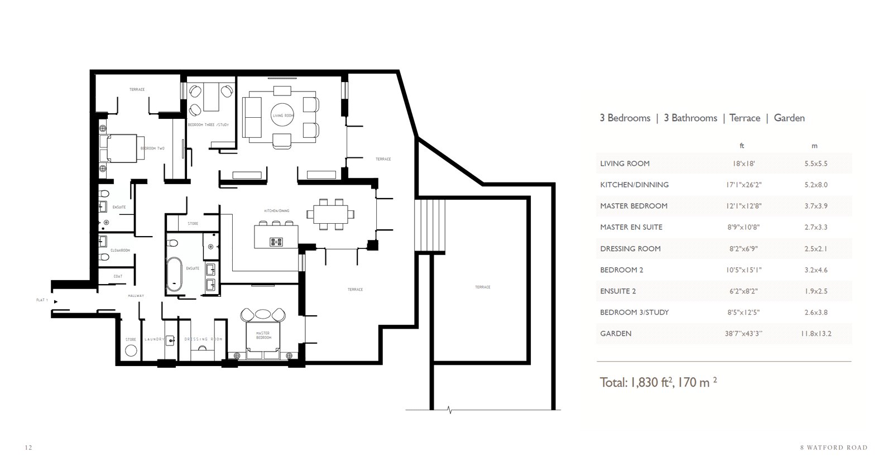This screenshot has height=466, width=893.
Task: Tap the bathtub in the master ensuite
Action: pyautogui.click(x=175, y=275)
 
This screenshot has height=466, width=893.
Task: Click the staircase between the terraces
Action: pyautogui.click(x=430, y=227)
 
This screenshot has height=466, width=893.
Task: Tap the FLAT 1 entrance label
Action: pyautogui.click(x=42, y=300)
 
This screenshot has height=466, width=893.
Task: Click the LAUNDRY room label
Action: pyautogui.click(x=155, y=339)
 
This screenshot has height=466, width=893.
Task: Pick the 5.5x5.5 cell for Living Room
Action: pyautogui.click(x=815, y=164)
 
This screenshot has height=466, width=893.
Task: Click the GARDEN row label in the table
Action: pyautogui.click(x=616, y=333)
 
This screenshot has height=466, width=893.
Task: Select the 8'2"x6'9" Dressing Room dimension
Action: pyautogui.click(x=742, y=248)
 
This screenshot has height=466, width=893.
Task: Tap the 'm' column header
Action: pyautogui.click(x=814, y=146)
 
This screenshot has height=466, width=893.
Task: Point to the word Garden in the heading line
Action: pyautogui.click(x=789, y=118)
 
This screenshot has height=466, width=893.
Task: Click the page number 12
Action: pyautogui.click(x=29, y=448)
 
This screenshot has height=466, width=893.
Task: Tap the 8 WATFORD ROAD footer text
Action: pyautogui.click(x=833, y=448)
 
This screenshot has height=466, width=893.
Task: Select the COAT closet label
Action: pyautogui.click(x=118, y=276)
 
